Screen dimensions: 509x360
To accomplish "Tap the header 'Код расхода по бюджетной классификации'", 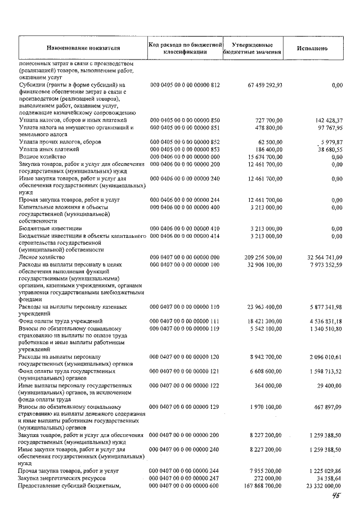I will (185, 48).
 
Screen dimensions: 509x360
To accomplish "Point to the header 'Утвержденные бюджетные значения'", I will (252, 48).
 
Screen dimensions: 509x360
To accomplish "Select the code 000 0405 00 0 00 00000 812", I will (184, 84).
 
